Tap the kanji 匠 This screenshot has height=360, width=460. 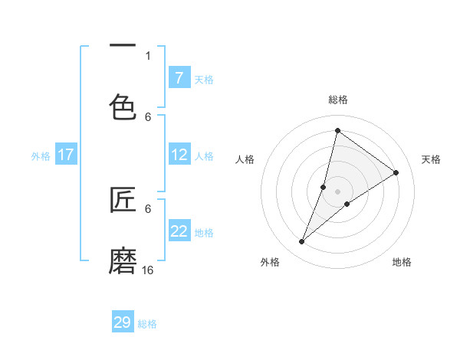(x=123, y=200)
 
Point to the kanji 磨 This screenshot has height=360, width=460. (x=123, y=260)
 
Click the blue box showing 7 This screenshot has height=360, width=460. (x=179, y=77)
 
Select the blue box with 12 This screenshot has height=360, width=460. (x=179, y=155)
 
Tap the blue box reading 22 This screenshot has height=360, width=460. (x=179, y=231)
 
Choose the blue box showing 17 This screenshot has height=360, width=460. (x=66, y=155)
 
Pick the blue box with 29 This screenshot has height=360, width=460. (x=123, y=322)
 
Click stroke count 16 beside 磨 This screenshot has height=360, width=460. (x=148, y=270)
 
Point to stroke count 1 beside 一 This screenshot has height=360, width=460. (x=148, y=56)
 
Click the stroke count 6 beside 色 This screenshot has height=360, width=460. (x=148, y=116)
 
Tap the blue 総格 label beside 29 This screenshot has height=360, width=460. (x=147, y=324)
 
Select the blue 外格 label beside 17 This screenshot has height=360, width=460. (x=41, y=156)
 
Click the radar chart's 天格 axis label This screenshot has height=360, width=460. (x=431, y=159)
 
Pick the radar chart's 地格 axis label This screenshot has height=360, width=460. (x=402, y=262)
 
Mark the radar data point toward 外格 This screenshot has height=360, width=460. (x=301, y=242)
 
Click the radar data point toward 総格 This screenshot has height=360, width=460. (x=337, y=130)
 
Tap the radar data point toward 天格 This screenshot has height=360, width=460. (x=396, y=172)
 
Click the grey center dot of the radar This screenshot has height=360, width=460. (x=337, y=191)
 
